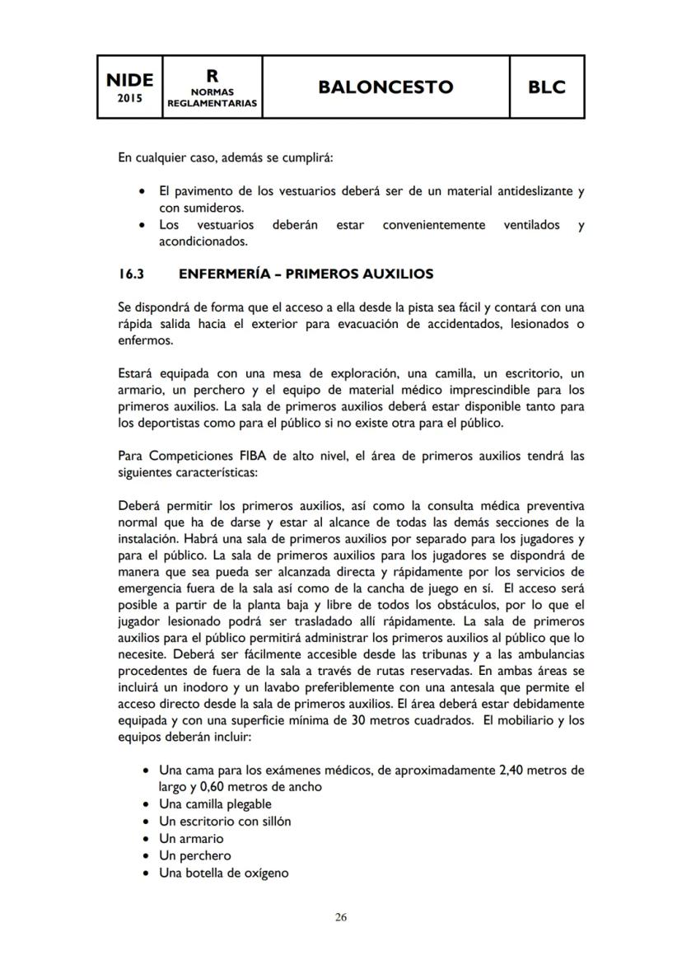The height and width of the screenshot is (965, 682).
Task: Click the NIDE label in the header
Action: (129, 80)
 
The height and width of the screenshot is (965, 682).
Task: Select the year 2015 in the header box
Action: (129, 98)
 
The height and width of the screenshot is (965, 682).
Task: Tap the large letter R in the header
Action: (213, 75)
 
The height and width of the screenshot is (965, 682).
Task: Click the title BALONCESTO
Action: (385, 87)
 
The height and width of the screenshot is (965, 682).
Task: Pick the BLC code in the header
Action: (547, 87)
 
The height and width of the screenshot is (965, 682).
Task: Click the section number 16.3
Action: (132, 274)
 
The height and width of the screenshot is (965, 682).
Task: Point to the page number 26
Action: (340, 917)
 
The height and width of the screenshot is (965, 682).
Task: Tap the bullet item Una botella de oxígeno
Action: (223, 873)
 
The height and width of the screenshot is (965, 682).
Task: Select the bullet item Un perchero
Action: (194, 855)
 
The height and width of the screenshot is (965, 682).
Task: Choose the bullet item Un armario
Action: (191, 838)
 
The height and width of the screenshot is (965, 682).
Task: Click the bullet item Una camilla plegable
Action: (215, 803)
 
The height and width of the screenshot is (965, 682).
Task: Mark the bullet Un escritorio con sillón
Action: (225, 821)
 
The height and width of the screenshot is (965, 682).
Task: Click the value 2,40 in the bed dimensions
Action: (510, 771)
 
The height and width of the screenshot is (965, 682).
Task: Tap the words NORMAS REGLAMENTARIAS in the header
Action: (213, 97)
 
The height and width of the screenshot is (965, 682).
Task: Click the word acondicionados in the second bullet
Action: (203, 242)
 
